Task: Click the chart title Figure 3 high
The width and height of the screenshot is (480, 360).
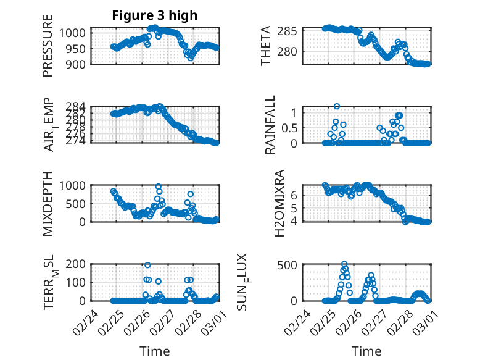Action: point(154,15)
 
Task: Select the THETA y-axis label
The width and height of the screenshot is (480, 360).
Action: point(266,46)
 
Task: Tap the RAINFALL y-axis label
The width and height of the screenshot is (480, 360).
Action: point(270,125)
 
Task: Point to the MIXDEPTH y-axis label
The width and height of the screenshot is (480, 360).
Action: point(48,204)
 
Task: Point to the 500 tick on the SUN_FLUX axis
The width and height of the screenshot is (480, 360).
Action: point(291,265)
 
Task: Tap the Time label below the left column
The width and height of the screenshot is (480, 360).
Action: point(154,351)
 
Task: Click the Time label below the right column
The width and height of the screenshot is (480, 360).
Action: point(366,351)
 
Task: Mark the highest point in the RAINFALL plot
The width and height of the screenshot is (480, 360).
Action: point(337,106)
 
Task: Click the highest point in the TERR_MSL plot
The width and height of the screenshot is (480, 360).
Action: point(147,265)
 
